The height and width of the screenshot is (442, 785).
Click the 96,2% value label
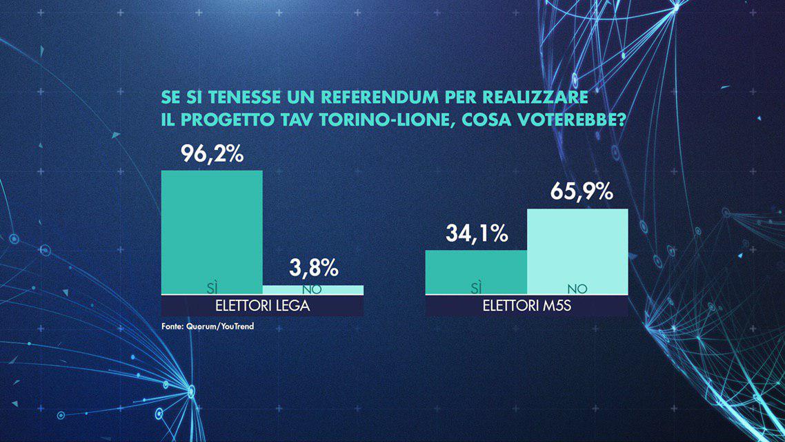coord(212,154)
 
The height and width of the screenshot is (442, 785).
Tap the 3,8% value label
coord(312,267)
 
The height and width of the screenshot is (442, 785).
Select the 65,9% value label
coord(582,192)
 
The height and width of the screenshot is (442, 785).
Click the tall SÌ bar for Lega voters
coord(212,228)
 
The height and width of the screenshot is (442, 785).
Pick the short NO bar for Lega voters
coord(312,289)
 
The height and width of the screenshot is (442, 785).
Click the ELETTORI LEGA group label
coord(262,306)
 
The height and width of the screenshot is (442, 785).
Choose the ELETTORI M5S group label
coord(526,306)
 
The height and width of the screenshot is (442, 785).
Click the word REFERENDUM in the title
coord(373,95)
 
